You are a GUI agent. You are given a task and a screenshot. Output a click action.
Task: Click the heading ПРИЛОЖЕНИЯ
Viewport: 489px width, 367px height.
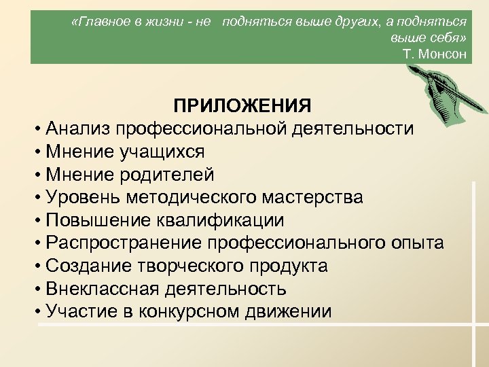(x=242, y=106)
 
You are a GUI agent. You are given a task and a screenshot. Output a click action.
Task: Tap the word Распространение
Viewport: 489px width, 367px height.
(x=124, y=243)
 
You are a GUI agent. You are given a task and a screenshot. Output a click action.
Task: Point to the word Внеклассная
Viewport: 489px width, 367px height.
(x=101, y=289)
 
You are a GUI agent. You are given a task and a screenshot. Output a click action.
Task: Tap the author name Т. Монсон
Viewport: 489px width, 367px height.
(x=435, y=54)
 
